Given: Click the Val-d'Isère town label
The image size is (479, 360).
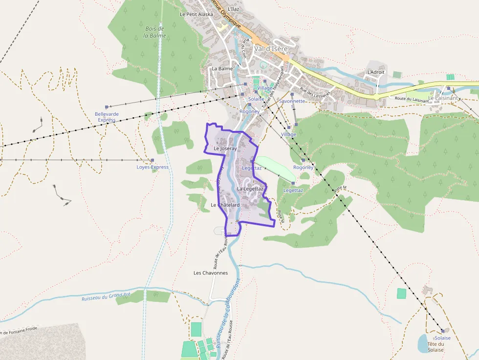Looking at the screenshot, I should click(x=271, y=49).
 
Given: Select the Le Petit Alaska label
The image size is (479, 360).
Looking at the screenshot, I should click(x=196, y=14).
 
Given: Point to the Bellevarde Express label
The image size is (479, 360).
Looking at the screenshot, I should click(x=107, y=117).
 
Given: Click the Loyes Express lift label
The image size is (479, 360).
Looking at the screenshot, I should click(x=152, y=167).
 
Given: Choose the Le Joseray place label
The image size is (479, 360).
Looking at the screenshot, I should click(x=225, y=148).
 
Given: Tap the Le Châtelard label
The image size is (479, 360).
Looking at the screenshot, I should click(x=225, y=205).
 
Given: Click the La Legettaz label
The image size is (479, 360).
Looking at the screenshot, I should click(x=250, y=189).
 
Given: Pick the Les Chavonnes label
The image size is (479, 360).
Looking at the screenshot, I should click(x=211, y=273).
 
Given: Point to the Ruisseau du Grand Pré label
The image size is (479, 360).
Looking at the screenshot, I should click(x=106, y=296).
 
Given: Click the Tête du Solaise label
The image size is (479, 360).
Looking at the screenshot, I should click(x=435, y=347).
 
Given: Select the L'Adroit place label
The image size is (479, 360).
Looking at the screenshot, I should click(x=376, y=72).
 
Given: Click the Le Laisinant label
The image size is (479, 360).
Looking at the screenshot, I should click(x=443, y=98).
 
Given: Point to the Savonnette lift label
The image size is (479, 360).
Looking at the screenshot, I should click(x=292, y=101).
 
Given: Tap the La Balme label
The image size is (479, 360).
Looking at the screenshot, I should click(x=222, y=68).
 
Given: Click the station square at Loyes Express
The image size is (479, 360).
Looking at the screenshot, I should click(x=152, y=160).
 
